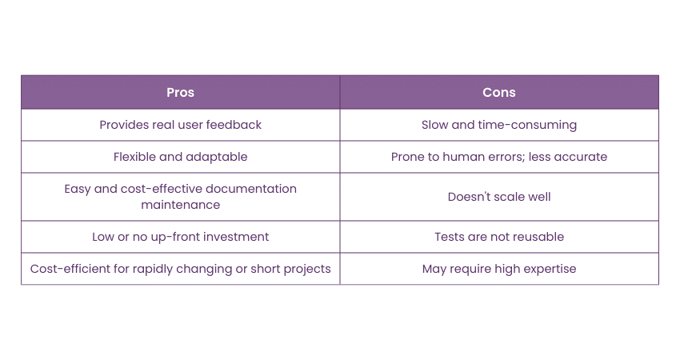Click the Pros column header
(181, 92)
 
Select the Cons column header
(499, 92)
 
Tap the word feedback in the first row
(234, 125)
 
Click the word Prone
(406, 157)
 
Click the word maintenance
(181, 205)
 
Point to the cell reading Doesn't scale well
(499, 197)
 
